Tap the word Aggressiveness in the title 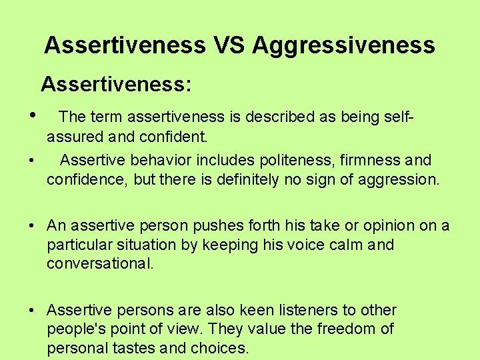(344, 45)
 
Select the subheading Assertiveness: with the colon (117, 84)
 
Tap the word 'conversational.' (100, 263)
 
